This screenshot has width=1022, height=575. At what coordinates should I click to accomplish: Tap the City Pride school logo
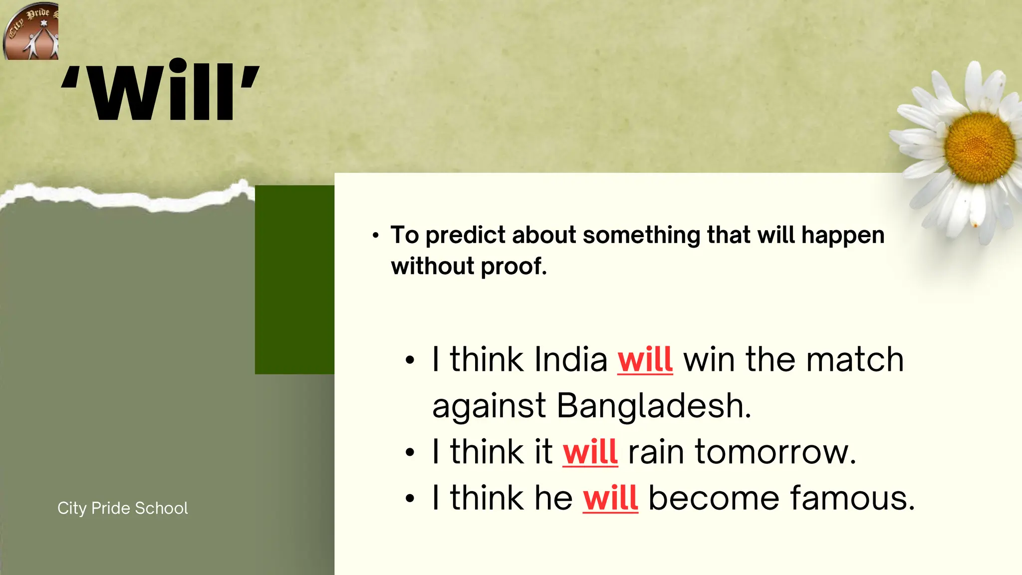(x=31, y=31)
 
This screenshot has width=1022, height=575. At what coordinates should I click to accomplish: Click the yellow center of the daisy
(x=979, y=147)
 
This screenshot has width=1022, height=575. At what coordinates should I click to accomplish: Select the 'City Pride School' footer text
(x=123, y=508)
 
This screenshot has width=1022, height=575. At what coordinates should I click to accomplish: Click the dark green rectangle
(x=294, y=280)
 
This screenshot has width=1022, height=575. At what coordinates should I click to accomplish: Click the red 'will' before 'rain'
(x=590, y=452)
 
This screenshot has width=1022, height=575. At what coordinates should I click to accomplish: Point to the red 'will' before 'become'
(x=610, y=498)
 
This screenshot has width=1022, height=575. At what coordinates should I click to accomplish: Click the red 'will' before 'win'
(x=645, y=359)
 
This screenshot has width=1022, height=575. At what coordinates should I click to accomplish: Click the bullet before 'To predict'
(x=376, y=235)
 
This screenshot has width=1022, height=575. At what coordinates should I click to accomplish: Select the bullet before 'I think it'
(x=410, y=453)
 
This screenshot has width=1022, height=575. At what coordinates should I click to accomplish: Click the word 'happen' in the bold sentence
(x=843, y=236)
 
